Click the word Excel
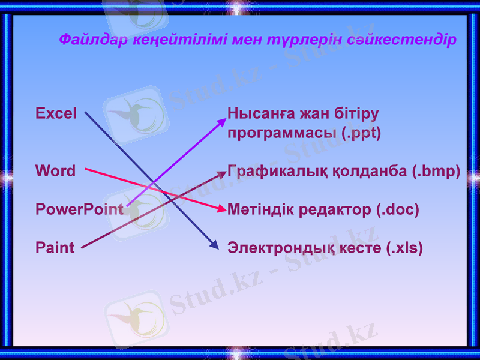56,113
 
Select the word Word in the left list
55,171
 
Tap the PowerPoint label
79,209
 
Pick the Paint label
55,247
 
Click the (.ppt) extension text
361,133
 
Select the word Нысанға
257,113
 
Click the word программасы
282,133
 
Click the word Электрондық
274,247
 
